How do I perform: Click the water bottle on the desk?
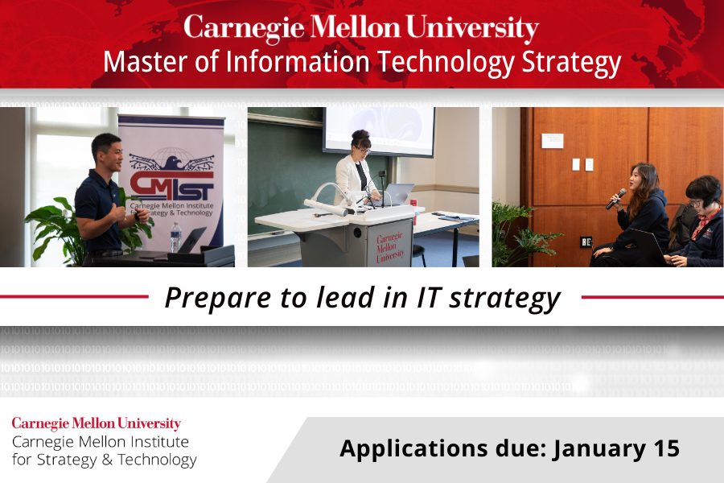point(175,237)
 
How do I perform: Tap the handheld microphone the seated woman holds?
point(616,199)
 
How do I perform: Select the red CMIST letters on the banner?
point(172,186)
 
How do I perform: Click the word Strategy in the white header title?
point(571,64)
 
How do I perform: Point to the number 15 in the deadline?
point(666,448)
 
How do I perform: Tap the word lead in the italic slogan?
point(345,297)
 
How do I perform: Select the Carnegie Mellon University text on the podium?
point(389,247)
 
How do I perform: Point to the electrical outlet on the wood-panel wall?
point(586,242)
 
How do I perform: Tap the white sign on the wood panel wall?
point(552,141)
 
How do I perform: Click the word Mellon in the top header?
point(355,27)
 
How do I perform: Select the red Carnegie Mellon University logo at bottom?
point(96,423)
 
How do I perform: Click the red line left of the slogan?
point(74,297)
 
